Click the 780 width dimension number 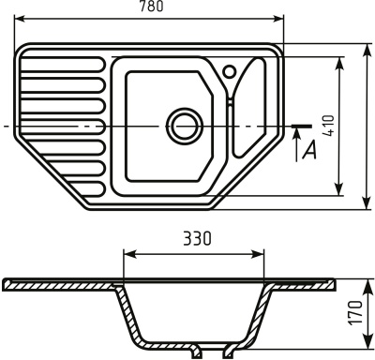(149, 7)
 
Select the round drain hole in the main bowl (182, 123)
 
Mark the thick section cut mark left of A (301, 124)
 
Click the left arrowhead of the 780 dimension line (19, 17)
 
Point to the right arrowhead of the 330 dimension (265, 253)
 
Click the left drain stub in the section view (196, 352)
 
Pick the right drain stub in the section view (228, 352)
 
